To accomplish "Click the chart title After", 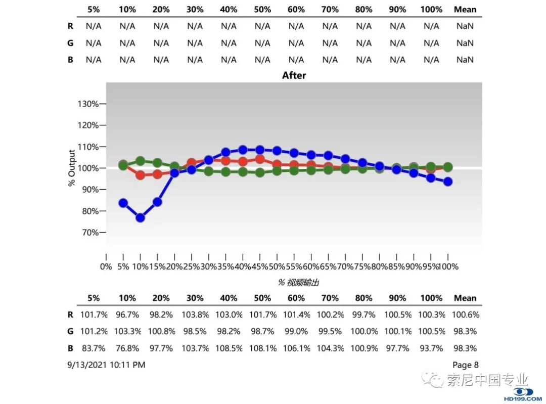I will tap(294, 75).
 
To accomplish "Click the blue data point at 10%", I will tap(140, 217).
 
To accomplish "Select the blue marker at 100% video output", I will tap(447, 182).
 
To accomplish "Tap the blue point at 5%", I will tap(123, 203).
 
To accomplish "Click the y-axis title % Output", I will tap(72, 168).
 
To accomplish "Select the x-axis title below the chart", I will tap(298, 282).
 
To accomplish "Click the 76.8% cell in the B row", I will tap(127, 348).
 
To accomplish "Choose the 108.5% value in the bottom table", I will tap(229, 348).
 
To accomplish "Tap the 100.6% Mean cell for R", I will tap(465, 315).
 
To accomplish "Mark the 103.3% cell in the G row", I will tap(127, 332).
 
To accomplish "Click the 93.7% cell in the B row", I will tap(431, 348).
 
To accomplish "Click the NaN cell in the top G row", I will tap(465, 43).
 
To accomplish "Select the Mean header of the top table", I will tap(465, 10).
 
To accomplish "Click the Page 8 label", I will tap(465, 365).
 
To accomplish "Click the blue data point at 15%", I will tap(157, 202).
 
